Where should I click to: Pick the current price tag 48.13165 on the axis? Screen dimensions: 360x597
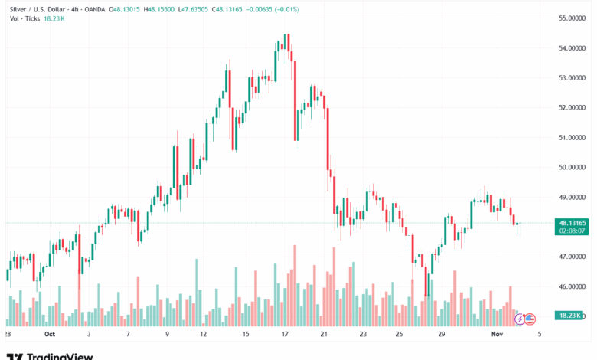(x=573, y=223)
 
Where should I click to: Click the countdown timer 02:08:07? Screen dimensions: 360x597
(x=573, y=231)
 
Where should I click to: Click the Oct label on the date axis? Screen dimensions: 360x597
(x=50, y=335)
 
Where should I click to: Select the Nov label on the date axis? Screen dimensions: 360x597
(x=496, y=335)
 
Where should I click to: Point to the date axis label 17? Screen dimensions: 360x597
(x=285, y=335)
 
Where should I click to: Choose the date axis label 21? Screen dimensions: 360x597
(x=324, y=335)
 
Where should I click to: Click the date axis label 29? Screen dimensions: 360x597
(x=442, y=335)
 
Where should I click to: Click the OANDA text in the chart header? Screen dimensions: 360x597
(x=91, y=8)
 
